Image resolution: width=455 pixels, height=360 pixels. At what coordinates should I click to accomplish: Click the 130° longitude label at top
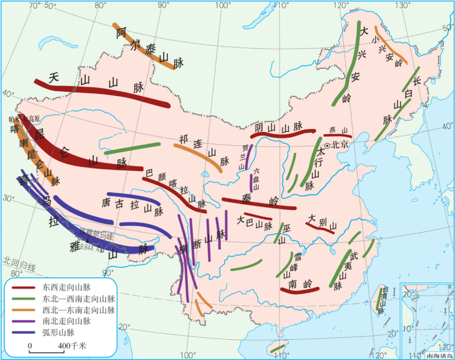click(404, 5)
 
